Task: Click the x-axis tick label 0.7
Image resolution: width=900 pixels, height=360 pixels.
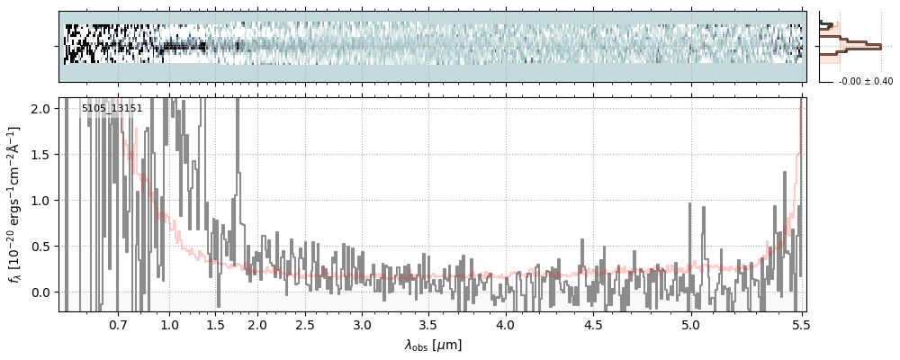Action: point(118,324)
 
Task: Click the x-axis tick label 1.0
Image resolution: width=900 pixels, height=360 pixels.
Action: point(169,324)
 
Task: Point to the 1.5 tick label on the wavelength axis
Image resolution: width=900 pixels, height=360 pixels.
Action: point(216,324)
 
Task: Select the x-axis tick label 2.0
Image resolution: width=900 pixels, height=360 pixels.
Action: point(257,324)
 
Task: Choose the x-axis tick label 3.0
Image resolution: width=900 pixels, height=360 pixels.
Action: point(362,324)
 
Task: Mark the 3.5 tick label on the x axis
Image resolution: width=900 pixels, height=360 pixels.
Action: point(431,324)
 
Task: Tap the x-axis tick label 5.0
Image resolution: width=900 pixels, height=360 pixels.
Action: point(690,324)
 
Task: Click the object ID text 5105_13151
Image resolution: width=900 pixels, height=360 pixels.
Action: point(112,108)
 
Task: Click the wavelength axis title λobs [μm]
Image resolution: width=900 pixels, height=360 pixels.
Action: point(433,345)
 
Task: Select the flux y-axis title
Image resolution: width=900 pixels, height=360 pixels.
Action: point(15,205)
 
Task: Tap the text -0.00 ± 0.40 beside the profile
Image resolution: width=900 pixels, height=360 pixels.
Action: point(865,82)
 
